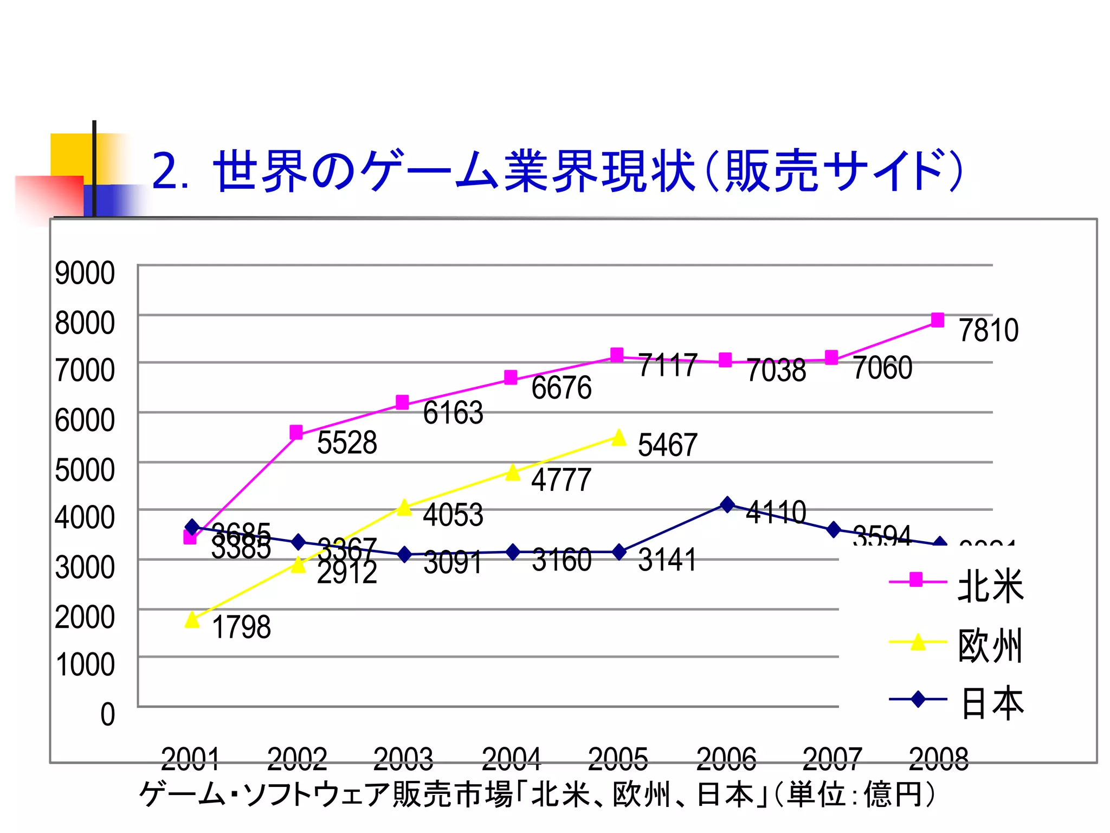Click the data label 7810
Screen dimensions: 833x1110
point(988,330)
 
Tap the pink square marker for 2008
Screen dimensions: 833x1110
point(937,320)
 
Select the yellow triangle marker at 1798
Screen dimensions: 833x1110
point(192,620)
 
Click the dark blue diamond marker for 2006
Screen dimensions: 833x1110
point(727,504)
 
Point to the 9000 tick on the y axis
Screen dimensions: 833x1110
point(85,273)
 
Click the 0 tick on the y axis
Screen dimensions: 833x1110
point(108,714)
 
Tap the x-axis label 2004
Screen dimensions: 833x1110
point(511,759)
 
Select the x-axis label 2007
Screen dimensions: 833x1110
point(832,759)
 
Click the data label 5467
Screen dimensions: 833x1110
point(667,445)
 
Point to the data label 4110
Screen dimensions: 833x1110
point(776,512)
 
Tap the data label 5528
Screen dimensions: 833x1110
point(347,443)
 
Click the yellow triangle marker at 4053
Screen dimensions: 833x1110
point(404,508)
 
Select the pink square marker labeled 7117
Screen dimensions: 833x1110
point(617,355)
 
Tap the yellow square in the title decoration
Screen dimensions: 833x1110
point(70,155)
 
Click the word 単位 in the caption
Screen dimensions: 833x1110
point(816,794)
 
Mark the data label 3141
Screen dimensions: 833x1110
point(667,560)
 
